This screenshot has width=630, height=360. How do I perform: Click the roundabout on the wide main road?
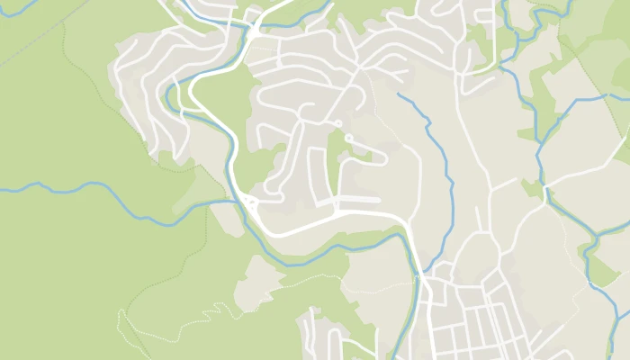pyautogui.click(x=249, y=202)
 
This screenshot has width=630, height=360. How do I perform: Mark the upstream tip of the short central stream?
pyautogui.click(x=398, y=94)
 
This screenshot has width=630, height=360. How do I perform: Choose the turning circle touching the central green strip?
pyautogui.click(x=348, y=138)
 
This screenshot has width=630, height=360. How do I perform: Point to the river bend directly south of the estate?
pyautogui.click(x=306, y=261)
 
